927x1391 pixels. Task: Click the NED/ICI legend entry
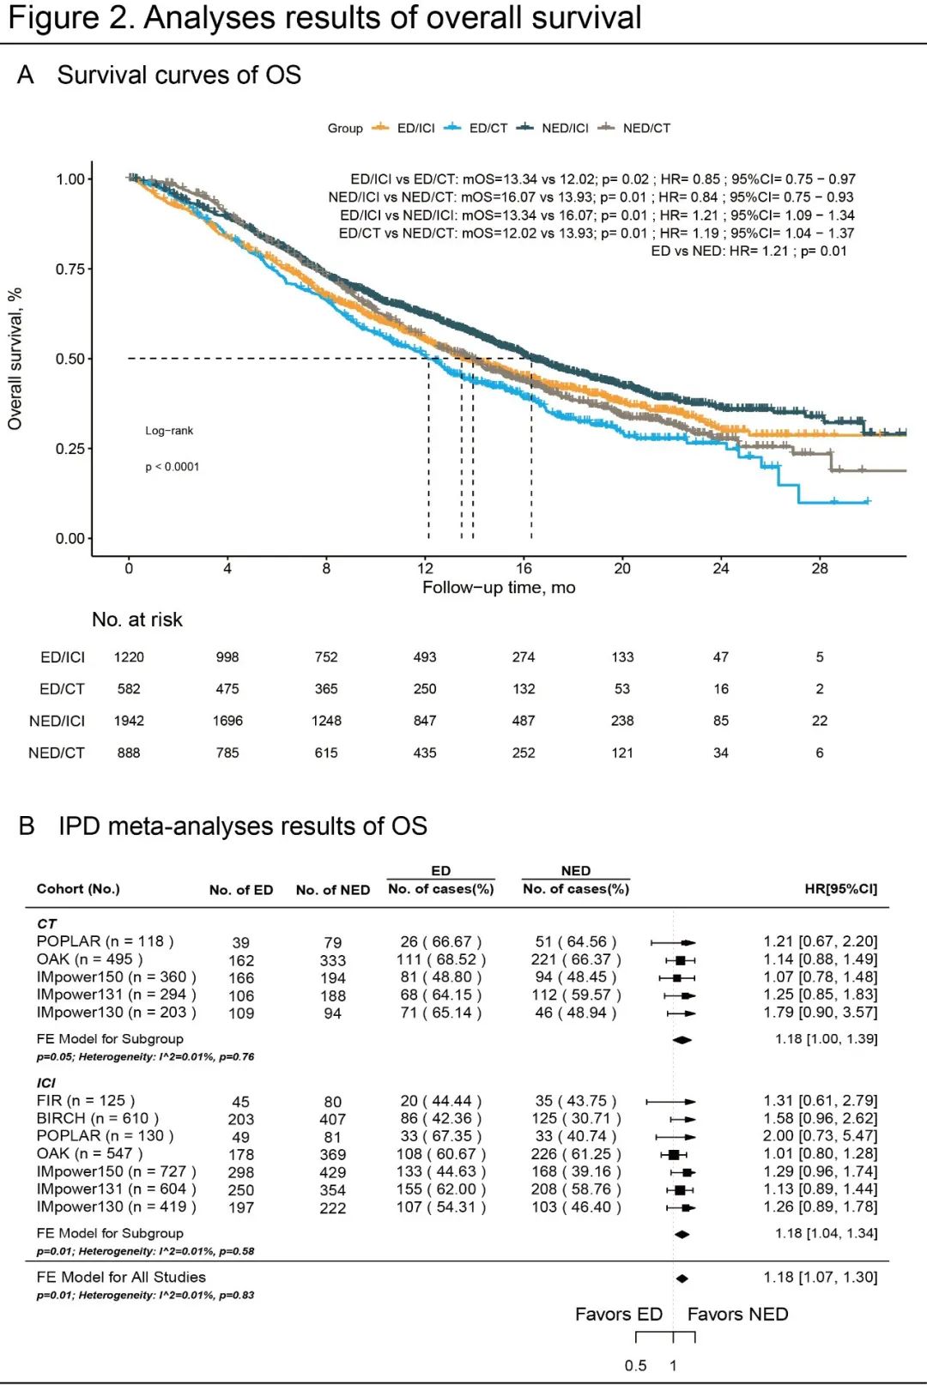coord(564,128)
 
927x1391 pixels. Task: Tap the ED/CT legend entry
coord(488,128)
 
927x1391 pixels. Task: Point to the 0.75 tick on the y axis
coord(70,269)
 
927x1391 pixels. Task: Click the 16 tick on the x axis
coord(524,568)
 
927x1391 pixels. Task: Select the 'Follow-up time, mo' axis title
coord(499,588)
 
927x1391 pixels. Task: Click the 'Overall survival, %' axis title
coord(15,359)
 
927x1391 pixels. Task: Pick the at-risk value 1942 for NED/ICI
coord(129,721)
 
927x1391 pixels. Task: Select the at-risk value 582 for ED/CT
coord(129,689)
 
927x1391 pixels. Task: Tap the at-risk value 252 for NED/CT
coord(524,753)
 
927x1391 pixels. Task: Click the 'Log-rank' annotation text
coord(169,431)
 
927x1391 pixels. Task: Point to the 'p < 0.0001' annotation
coord(172,467)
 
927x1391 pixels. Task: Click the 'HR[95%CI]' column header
coord(840,889)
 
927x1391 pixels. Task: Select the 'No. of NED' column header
coord(333,890)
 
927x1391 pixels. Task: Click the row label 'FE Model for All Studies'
coord(121,1277)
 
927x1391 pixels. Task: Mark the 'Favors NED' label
coord(737,1314)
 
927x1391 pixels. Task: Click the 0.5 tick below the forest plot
coord(635,1365)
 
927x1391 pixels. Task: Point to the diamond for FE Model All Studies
coord(682,1279)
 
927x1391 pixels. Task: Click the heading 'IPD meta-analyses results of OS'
coord(242,826)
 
